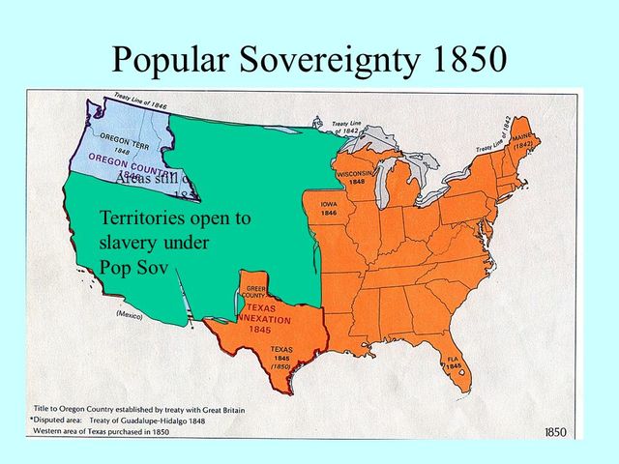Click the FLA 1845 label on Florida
(454, 363)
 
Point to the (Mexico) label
(130, 316)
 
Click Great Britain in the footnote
(218, 410)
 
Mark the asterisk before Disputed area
(32, 421)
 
